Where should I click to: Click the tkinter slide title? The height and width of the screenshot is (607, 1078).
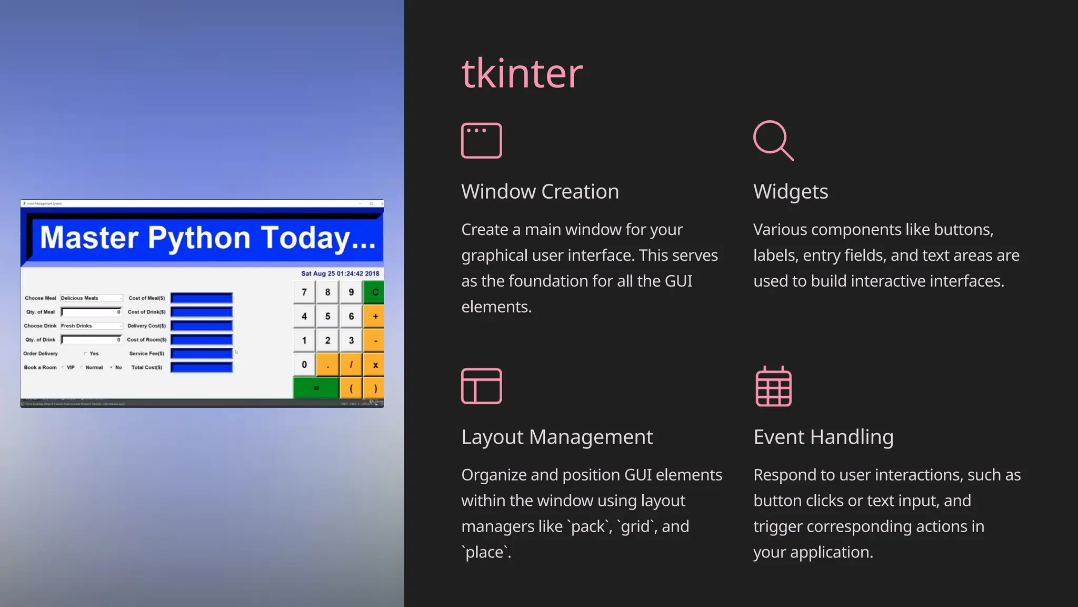pos(522,73)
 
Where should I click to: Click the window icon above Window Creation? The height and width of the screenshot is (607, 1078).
pos(481,141)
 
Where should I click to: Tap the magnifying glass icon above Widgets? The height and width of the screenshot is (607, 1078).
pos(773,141)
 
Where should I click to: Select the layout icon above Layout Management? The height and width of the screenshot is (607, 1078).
pos(481,386)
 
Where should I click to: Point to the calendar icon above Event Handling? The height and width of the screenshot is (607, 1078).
pos(773,386)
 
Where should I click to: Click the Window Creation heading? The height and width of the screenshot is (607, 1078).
pos(540,192)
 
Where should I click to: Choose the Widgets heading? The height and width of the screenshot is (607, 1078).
pos(790,192)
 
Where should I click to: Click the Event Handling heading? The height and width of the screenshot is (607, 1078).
pos(823,437)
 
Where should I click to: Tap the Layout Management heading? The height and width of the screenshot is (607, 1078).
pos(556,437)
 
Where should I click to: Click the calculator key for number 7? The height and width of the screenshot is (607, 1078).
pos(304,292)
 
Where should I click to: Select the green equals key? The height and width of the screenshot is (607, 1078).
pos(316,388)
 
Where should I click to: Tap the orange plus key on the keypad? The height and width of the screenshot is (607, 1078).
pos(375,317)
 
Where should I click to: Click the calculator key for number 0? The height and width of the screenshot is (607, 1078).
pos(304,365)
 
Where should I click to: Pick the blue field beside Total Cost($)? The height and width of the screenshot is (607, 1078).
pos(202,367)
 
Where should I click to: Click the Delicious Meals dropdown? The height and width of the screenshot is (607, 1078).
pos(91,298)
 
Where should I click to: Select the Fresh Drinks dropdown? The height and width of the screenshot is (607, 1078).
pos(91,326)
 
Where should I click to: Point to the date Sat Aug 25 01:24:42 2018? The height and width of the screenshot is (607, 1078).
pos(340,273)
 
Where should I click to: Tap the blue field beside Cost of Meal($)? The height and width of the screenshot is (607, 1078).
pos(202,298)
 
